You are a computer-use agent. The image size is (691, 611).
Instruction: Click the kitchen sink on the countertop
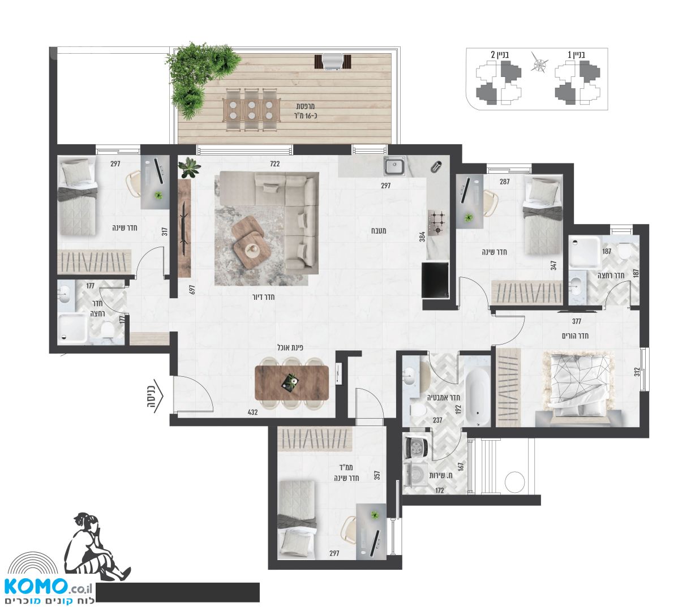click(394, 166)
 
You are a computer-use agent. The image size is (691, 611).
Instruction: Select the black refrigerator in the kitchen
click(435, 280)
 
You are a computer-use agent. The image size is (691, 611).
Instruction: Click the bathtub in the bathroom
click(477, 397)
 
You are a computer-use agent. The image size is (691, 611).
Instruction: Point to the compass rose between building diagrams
click(539, 64)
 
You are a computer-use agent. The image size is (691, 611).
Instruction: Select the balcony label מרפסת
click(305, 106)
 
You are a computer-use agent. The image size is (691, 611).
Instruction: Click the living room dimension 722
click(274, 163)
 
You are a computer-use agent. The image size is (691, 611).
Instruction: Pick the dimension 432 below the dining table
click(252, 412)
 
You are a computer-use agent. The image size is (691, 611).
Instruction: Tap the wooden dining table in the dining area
click(291, 382)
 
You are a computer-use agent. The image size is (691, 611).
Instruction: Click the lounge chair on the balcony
click(332, 62)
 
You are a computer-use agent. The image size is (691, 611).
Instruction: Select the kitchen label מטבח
click(379, 231)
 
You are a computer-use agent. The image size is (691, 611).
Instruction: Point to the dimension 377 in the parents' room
click(577, 321)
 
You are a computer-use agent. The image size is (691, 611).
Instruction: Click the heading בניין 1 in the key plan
click(577, 54)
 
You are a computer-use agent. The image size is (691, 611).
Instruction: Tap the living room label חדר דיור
click(263, 297)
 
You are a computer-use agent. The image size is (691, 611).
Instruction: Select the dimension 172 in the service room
click(439, 490)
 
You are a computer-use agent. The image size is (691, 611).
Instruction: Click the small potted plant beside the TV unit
click(188, 167)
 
